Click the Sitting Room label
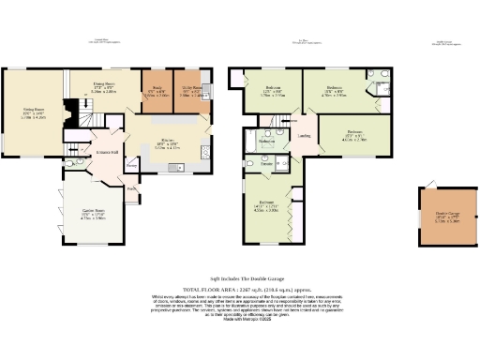click(x=34, y=112)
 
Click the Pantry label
click(x=132, y=167)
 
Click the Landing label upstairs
click(x=305, y=137)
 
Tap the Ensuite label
click(x=267, y=163)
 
